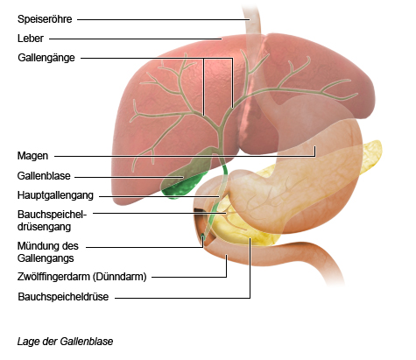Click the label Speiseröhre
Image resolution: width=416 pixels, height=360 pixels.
click(45, 19)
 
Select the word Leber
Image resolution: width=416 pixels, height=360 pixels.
click(31, 39)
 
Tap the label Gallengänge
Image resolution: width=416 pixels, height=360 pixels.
click(46, 58)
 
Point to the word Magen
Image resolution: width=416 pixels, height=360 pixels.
click(32, 156)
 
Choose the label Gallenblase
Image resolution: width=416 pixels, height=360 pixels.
click(44, 176)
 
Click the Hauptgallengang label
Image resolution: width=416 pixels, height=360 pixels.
click(55, 195)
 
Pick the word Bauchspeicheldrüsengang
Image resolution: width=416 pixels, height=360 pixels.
click(53, 221)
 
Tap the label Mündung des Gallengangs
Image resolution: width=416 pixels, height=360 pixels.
click(48, 252)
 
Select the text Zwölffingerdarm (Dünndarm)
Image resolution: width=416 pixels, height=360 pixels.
click(82, 277)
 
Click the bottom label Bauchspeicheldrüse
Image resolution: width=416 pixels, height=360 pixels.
click(63, 297)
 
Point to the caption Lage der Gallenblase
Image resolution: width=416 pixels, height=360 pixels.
click(65, 342)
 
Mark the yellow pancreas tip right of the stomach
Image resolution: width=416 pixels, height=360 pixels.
click(372, 156)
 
